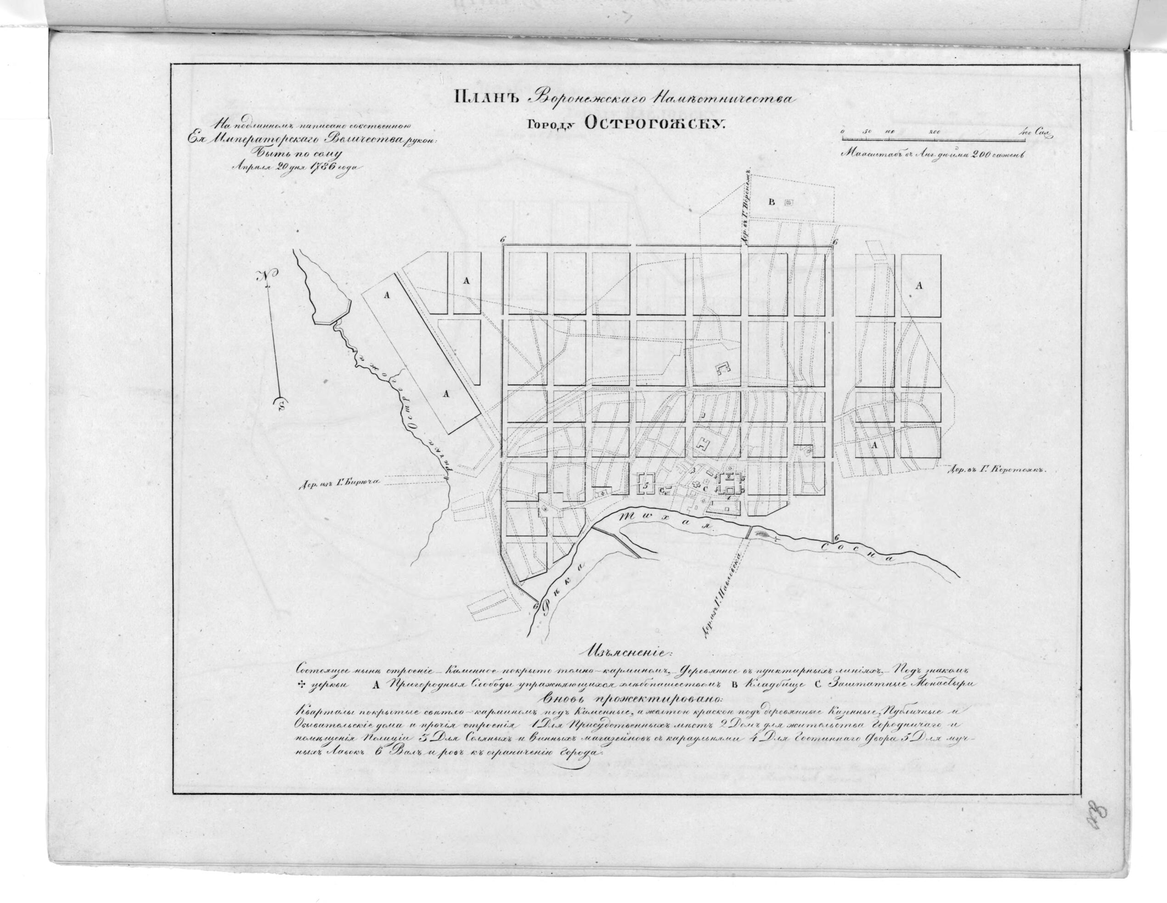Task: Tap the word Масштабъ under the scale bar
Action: tap(863, 153)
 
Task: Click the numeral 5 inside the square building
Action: tap(646, 487)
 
